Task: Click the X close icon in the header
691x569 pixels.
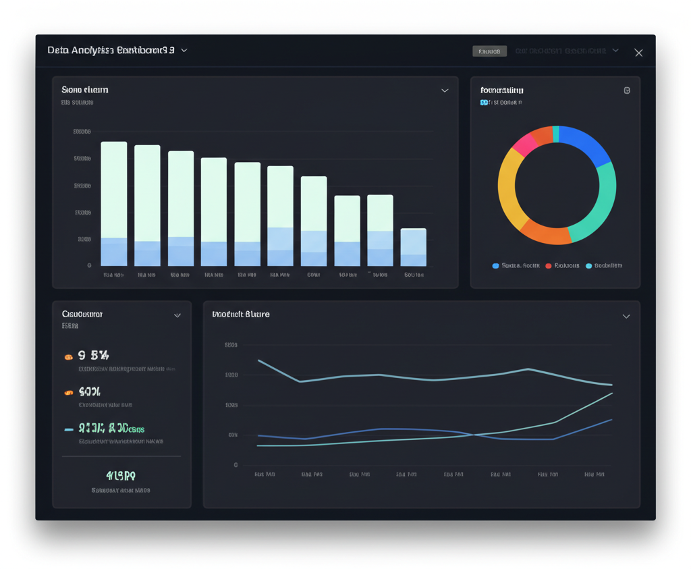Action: [x=638, y=53]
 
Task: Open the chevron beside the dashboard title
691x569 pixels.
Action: [x=184, y=51]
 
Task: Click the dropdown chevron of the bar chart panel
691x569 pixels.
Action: [x=445, y=90]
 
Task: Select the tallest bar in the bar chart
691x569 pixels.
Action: [x=114, y=202]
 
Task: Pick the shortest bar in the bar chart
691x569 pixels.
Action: [x=413, y=247]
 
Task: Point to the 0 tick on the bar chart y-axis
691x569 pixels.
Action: [x=89, y=265]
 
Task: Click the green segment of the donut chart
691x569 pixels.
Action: [x=600, y=202]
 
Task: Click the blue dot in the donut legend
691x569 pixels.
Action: [x=496, y=266]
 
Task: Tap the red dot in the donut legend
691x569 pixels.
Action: [x=549, y=266]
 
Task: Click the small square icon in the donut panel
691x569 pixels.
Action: [x=627, y=90]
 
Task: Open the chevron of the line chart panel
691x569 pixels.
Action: [x=626, y=316]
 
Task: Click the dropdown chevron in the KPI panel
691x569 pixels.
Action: [x=177, y=315]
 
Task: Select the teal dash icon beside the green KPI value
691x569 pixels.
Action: [x=69, y=429]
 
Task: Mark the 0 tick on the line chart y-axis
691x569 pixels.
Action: [x=236, y=465]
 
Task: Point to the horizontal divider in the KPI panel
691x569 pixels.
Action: [x=121, y=456]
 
